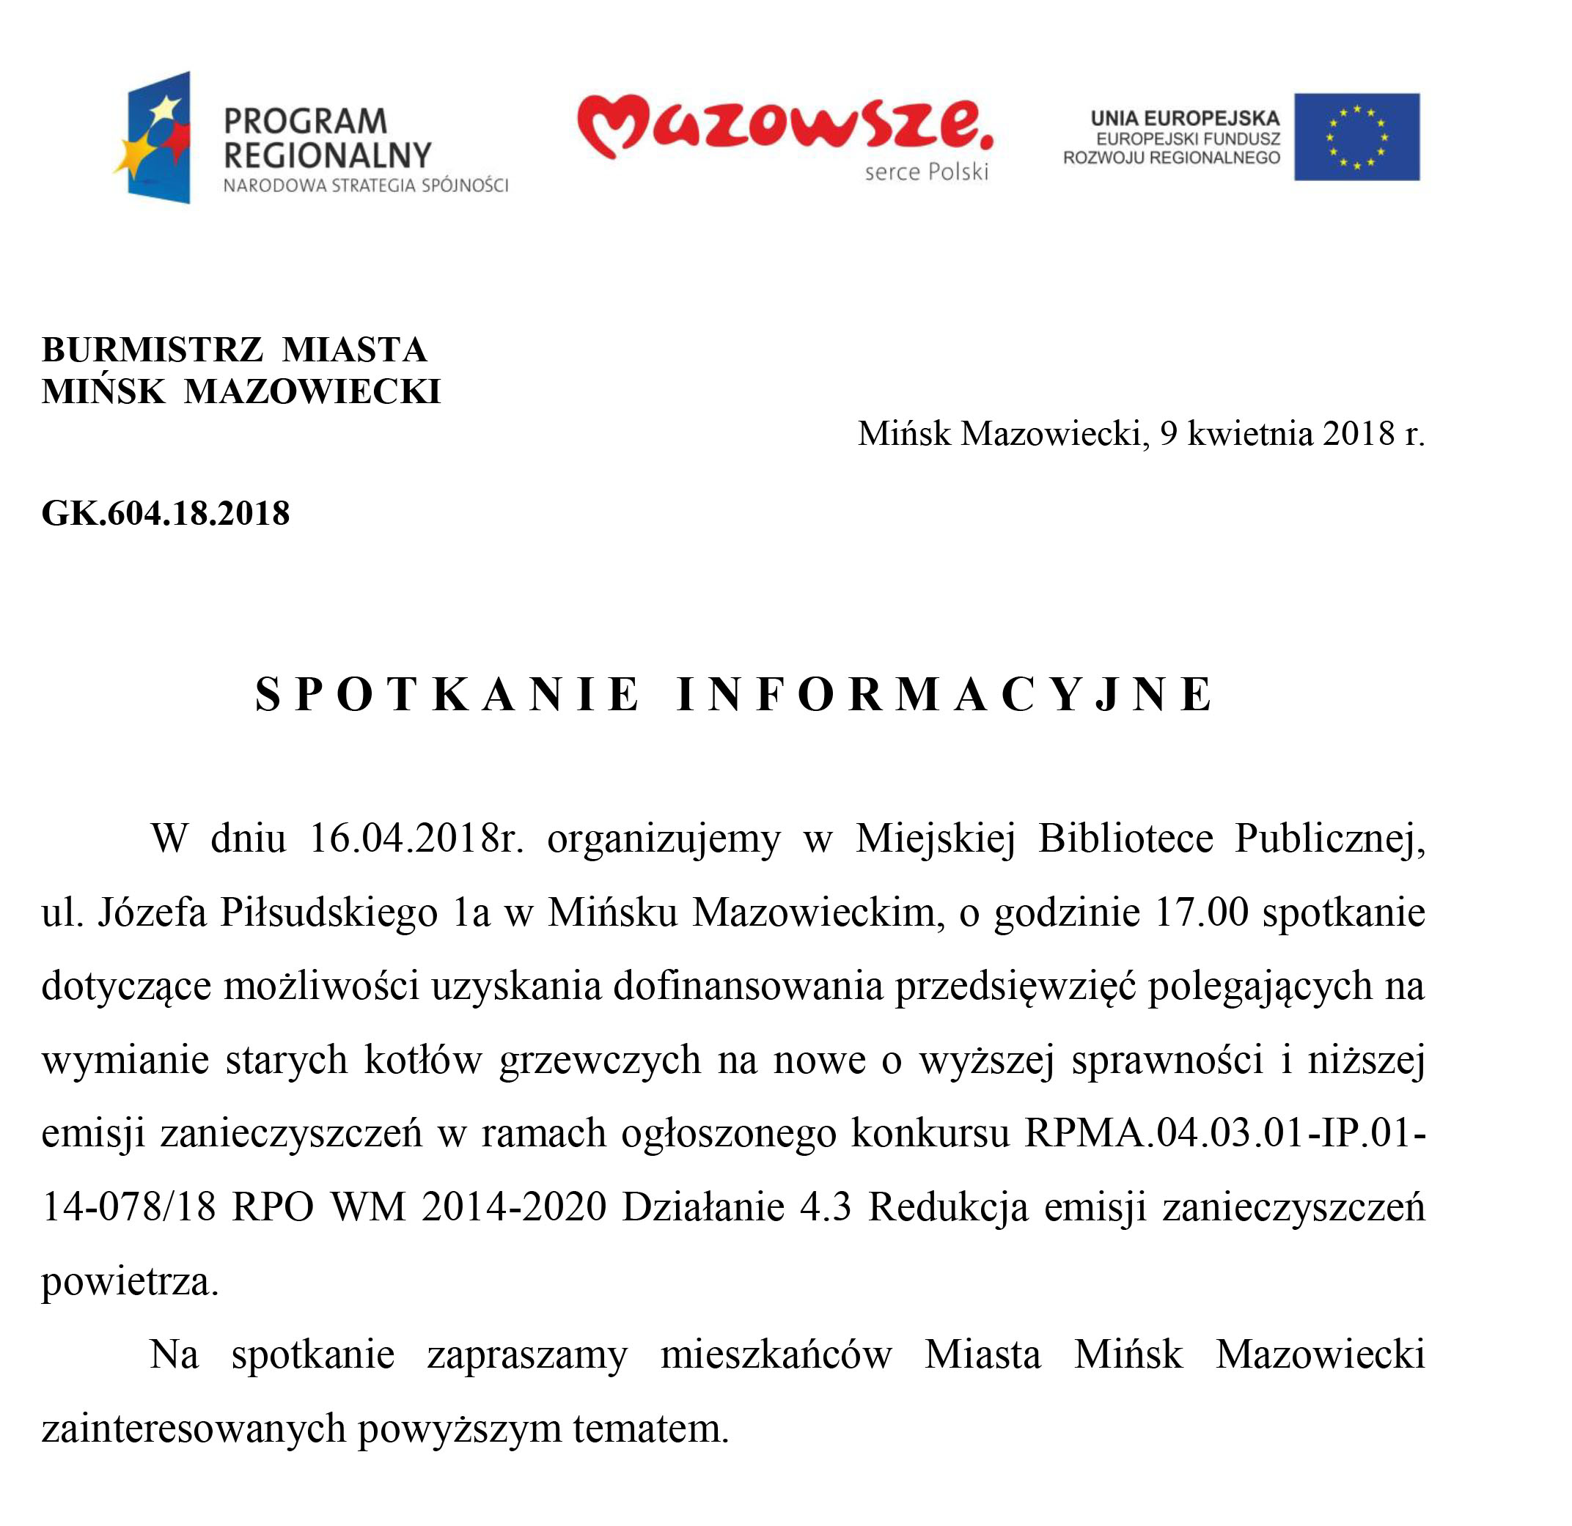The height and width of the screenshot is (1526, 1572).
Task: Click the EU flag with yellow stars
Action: coord(1356,136)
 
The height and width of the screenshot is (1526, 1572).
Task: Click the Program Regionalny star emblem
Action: coord(155,137)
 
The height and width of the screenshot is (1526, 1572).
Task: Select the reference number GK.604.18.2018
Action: coord(165,514)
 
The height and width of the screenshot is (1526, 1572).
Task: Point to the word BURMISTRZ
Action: coord(152,350)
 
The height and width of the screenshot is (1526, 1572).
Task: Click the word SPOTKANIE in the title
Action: coord(447,694)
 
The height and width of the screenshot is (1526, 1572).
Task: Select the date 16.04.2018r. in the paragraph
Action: coord(416,839)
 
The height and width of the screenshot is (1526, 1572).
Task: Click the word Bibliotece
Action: coord(1125,839)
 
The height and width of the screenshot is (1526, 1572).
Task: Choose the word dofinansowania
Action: coord(749,987)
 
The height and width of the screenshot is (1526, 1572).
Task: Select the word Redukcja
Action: coord(948,1208)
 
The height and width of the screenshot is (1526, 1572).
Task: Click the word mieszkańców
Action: coord(776,1355)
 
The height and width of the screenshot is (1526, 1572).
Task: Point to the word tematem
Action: coord(650,1429)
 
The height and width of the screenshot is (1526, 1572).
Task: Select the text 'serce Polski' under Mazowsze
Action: coord(926,172)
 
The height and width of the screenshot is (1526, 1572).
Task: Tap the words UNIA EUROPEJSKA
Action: coord(1185,119)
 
